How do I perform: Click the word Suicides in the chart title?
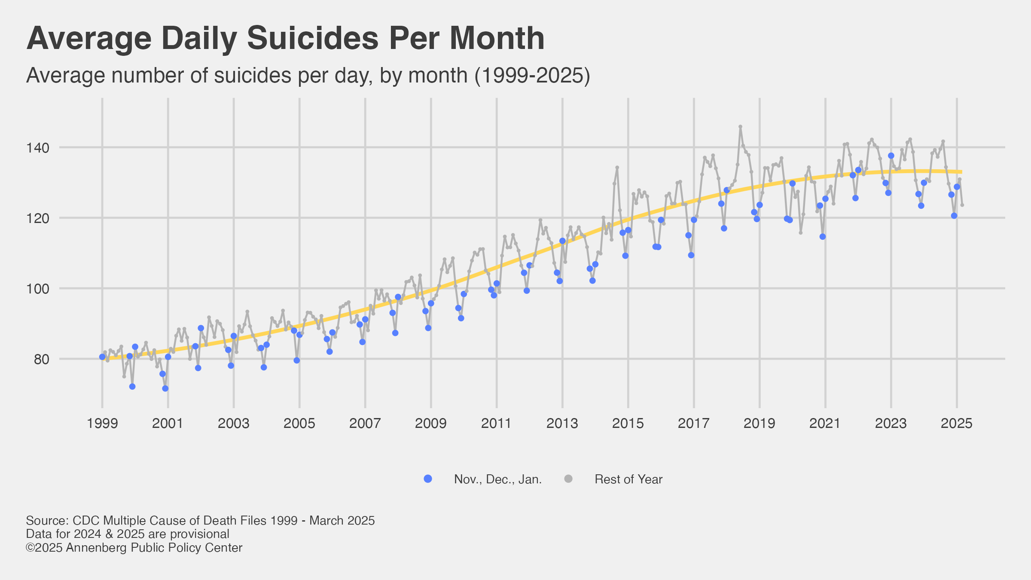pos(312,39)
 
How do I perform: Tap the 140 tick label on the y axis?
pos(38,148)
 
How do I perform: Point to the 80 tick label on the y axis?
pos(42,359)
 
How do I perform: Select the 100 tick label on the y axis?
pos(38,289)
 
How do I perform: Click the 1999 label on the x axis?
pos(102,424)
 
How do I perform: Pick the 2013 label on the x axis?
pos(562,424)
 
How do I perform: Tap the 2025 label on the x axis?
pos(957,424)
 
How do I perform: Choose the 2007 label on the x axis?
pos(365,424)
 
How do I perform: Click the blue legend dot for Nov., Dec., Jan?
pos(428,479)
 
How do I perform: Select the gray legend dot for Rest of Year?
pos(568,479)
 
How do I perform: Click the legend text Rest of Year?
pos(628,479)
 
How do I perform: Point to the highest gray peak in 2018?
pos(740,127)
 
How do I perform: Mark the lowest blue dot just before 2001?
pos(165,388)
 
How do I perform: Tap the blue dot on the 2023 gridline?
pos(891,156)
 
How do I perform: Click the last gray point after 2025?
pos(962,205)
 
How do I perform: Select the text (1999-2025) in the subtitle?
pos(532,76)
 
